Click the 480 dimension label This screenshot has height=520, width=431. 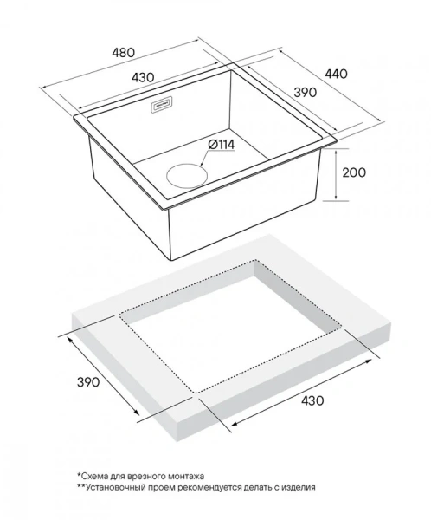[123, 52]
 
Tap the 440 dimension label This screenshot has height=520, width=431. [336, 74]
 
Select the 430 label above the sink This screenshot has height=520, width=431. [143, 77]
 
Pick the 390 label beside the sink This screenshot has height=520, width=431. [306, 93]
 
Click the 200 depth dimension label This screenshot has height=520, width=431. [354, 172]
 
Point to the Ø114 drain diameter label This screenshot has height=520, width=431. [222, 145]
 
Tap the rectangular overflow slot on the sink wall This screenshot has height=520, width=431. [162, 106]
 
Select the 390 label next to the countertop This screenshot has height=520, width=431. [88, 382]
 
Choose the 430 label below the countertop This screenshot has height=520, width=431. [312, 400]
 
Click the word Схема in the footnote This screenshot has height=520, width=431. [93, 476]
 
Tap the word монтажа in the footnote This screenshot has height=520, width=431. [187, 477]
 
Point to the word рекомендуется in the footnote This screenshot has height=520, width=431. [210, 488]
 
